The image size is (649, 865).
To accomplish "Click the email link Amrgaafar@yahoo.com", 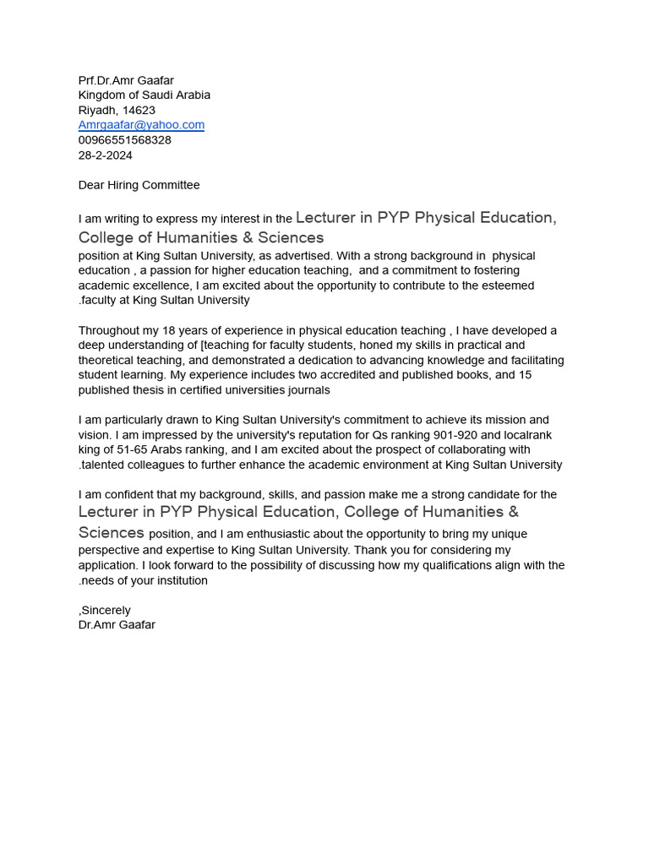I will tap(141, 125).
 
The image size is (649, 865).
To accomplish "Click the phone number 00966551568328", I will tap(124, 140).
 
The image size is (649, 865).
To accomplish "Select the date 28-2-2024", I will tap(105, 155).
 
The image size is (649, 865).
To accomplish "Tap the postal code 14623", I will tap(139, 111).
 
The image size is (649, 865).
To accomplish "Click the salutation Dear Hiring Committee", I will tap(139, 185).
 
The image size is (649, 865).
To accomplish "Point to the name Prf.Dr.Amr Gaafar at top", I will tap(126, 80).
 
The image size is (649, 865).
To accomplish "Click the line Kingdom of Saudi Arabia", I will tap(144, 95).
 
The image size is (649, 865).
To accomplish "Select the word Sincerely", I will tap(106, 610).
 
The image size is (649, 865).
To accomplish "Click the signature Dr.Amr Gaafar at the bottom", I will tap(117, 625).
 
